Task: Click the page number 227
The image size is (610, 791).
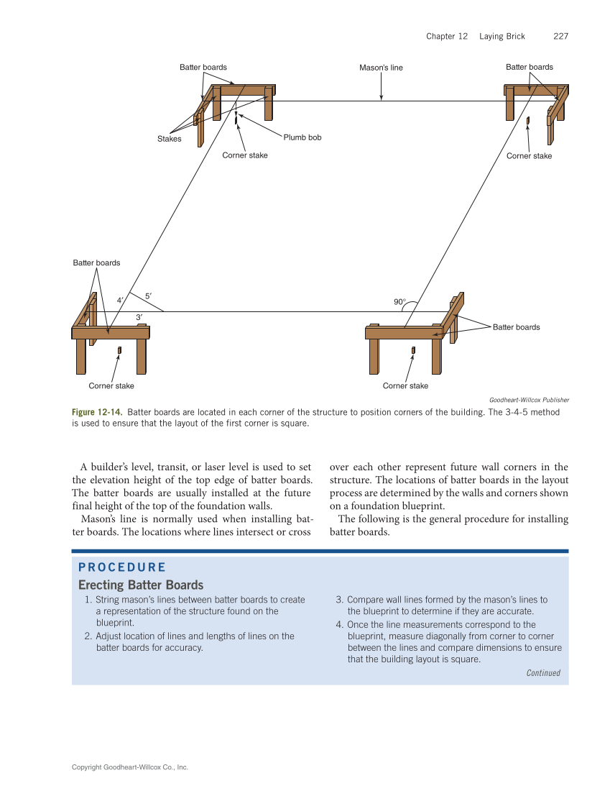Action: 560,37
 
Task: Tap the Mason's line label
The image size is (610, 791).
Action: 381,68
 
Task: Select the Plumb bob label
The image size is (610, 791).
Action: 302,137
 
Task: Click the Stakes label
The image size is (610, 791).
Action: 170,139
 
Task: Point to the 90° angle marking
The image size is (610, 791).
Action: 400,303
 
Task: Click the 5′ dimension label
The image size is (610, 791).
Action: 148,296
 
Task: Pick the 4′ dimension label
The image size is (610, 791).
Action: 120,301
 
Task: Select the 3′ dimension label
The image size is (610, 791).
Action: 139,317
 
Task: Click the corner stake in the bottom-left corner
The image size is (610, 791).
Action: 119,350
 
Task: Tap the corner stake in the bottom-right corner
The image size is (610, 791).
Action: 413,350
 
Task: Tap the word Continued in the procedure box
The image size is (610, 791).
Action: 542,673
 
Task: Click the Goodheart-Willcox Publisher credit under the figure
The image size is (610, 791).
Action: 529,400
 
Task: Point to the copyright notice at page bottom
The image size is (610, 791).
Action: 130,767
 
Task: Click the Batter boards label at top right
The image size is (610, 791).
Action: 529,67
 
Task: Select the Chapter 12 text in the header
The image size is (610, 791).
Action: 446,37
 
